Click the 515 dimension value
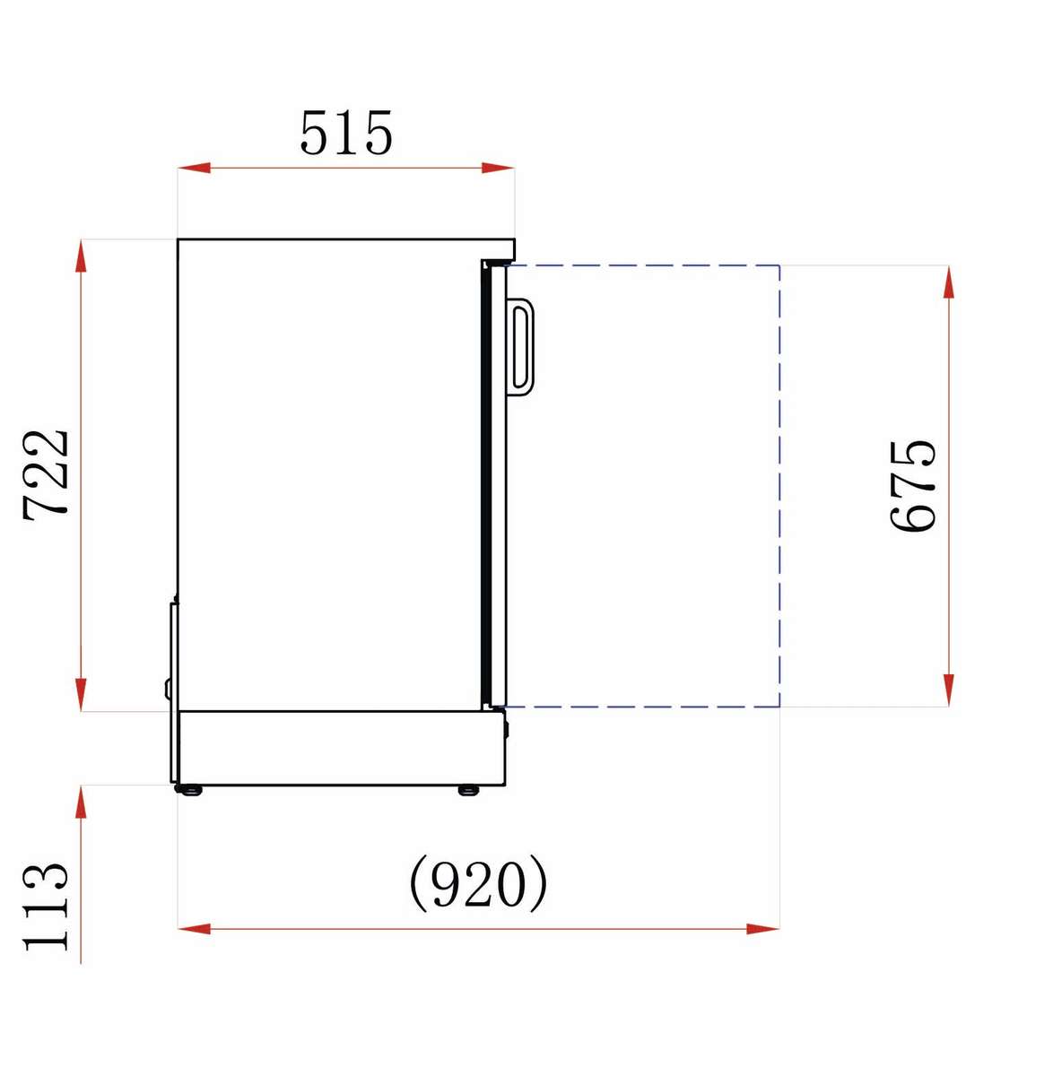pyautogui.click(x=346, y=133)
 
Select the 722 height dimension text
pyautogui.click(x=46, y=475)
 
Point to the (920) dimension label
pyautogui.click(x=478, y=883)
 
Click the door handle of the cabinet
pyautogui.click(x=520, y=347)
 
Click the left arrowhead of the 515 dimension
pyautogui.click(x=194, y=168)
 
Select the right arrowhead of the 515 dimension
pyautogui.click(x=498, y=168)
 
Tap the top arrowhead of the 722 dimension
pyautogui.click(x=82, y=256)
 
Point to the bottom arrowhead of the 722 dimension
pyautogui.click(x=82, y=695)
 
